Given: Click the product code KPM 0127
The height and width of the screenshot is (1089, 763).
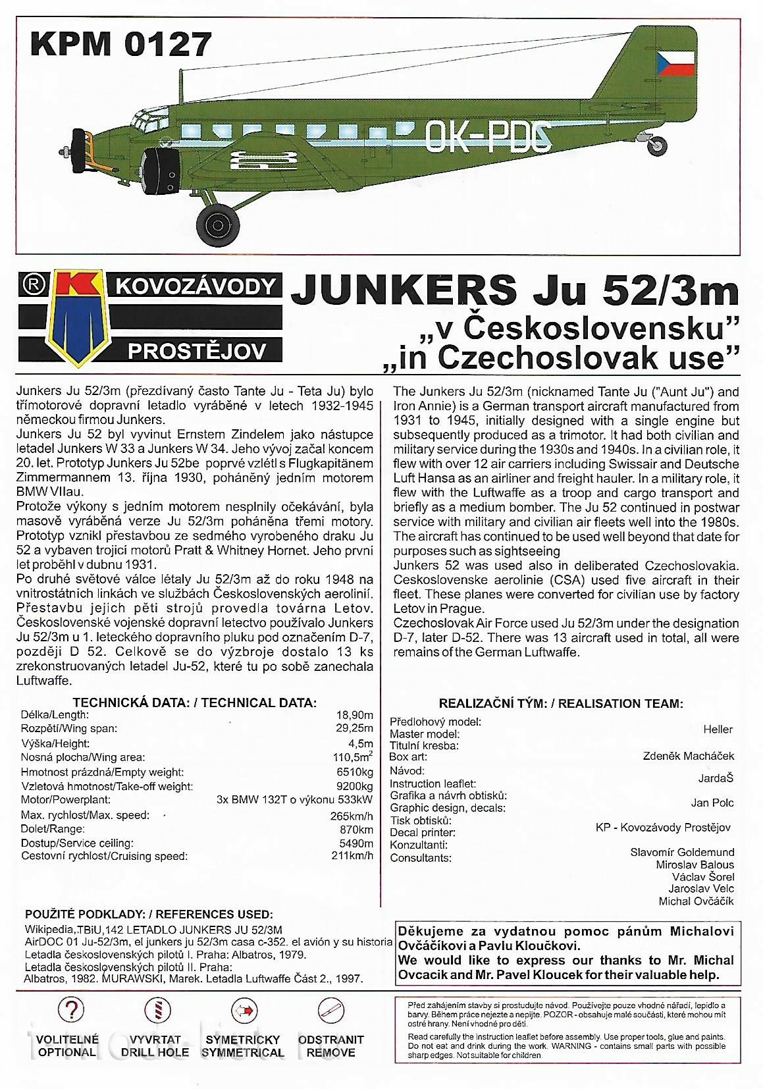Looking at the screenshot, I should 121,43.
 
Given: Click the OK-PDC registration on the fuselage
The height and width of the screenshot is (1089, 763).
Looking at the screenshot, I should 488,137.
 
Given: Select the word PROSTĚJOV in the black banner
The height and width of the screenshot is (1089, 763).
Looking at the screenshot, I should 197,350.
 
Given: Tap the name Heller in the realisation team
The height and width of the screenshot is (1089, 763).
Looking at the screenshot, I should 718,729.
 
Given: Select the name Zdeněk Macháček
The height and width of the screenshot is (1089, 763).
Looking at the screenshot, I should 688,756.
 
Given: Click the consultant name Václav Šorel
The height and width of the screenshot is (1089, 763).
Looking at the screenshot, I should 703,877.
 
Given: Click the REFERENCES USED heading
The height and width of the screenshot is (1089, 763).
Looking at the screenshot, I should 148,915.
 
